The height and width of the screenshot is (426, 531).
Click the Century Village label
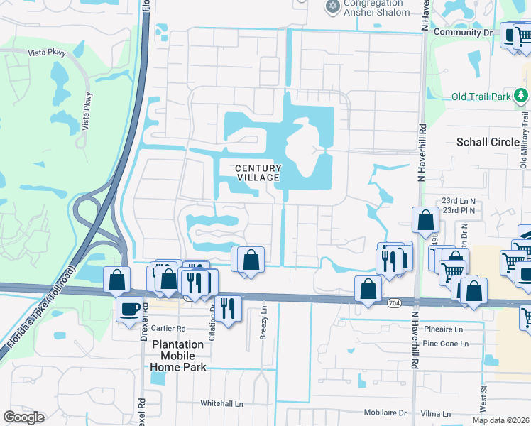pos(258,173)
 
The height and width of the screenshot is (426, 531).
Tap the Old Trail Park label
pos(482,97)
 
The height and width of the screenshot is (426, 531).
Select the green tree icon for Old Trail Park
pos(522,94)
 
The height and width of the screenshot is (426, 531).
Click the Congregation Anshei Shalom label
pos(376,7)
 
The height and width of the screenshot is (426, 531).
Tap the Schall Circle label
pos(488,142)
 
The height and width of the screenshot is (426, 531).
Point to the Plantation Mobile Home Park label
pos(177,356)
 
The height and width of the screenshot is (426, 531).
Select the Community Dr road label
pos(462,33)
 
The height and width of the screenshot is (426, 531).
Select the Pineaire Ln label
pos(443,329)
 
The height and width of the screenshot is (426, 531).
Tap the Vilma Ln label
pos(436,413)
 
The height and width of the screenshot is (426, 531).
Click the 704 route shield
pos(393,303)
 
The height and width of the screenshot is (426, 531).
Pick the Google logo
pos(24,417)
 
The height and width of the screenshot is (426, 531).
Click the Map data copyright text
pos(501,420)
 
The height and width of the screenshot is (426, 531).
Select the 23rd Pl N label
pos(459,211)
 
